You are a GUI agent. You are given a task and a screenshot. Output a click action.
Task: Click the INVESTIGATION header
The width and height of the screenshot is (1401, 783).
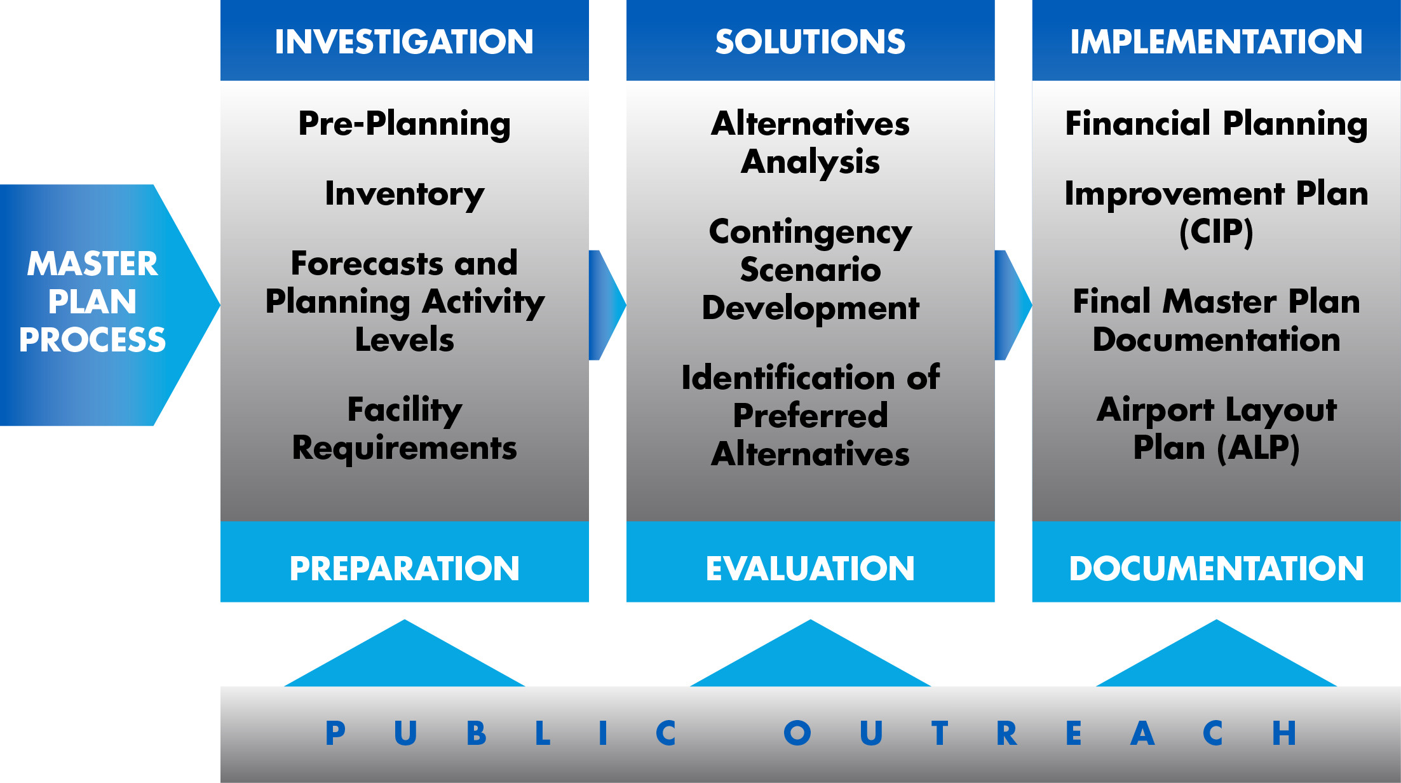click(x=404, y=42)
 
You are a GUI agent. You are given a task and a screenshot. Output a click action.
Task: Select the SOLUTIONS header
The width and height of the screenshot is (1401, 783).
click(x=810, y=42)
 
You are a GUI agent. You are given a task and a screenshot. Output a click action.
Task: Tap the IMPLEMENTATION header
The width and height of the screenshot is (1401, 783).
click(x=1216, y=42)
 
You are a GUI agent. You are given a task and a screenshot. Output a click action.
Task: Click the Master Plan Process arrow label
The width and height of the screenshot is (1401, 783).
click(x=92, y=301)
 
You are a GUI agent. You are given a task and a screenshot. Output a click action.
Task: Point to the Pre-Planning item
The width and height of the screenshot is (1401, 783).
click(x=404, y=124)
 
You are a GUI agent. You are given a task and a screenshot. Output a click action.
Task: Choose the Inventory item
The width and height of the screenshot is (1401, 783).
click(x=404, y=194)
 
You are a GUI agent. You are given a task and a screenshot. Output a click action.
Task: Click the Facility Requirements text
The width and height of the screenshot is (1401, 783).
click(x=404, y=429)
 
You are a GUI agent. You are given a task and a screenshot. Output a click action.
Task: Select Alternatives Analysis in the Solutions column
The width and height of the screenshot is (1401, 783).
click(x=810, y=143)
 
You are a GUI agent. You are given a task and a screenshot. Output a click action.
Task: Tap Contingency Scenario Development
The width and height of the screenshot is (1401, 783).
click(x=810, y=270)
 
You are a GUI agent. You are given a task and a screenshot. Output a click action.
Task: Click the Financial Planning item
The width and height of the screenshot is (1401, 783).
click(x=1216, y=124)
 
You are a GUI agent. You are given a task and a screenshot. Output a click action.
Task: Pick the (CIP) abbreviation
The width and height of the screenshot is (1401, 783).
click(x=1216, y=232)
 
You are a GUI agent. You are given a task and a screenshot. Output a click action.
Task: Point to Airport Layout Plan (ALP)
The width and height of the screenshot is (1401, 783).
click(x=1216, y=429)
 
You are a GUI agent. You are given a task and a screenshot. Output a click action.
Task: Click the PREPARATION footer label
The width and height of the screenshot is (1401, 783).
click(x=404, y=568)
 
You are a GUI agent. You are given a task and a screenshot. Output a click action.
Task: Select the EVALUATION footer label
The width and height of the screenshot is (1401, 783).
click(x=810, y=568)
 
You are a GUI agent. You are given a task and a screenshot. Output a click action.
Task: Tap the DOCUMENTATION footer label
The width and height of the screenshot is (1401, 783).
click(x=1216, y=568)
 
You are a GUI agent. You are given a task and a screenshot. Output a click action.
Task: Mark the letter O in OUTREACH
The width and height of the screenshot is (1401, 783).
click(x=797, y=733)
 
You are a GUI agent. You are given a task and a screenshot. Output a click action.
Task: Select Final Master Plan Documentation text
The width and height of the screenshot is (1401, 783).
click(x=1216, y=321)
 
